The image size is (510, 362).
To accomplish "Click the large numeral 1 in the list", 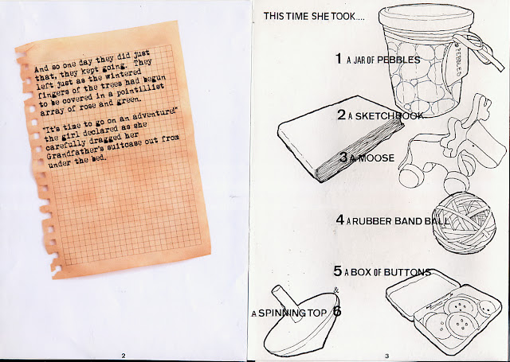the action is (x=339, y=58).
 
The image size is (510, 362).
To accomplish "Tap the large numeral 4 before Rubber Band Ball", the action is (x=340, y=220).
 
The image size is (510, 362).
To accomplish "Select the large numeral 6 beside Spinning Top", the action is (x=337, y=311).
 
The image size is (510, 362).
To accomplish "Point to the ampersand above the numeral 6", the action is (x=336, y=290).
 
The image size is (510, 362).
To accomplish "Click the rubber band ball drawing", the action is (x=465, y=223).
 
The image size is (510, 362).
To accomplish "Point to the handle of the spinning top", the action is (x=286, y=302).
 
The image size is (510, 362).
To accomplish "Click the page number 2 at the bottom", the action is (x=124, y=356).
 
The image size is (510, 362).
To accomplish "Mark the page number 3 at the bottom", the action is (x=386, y=356).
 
